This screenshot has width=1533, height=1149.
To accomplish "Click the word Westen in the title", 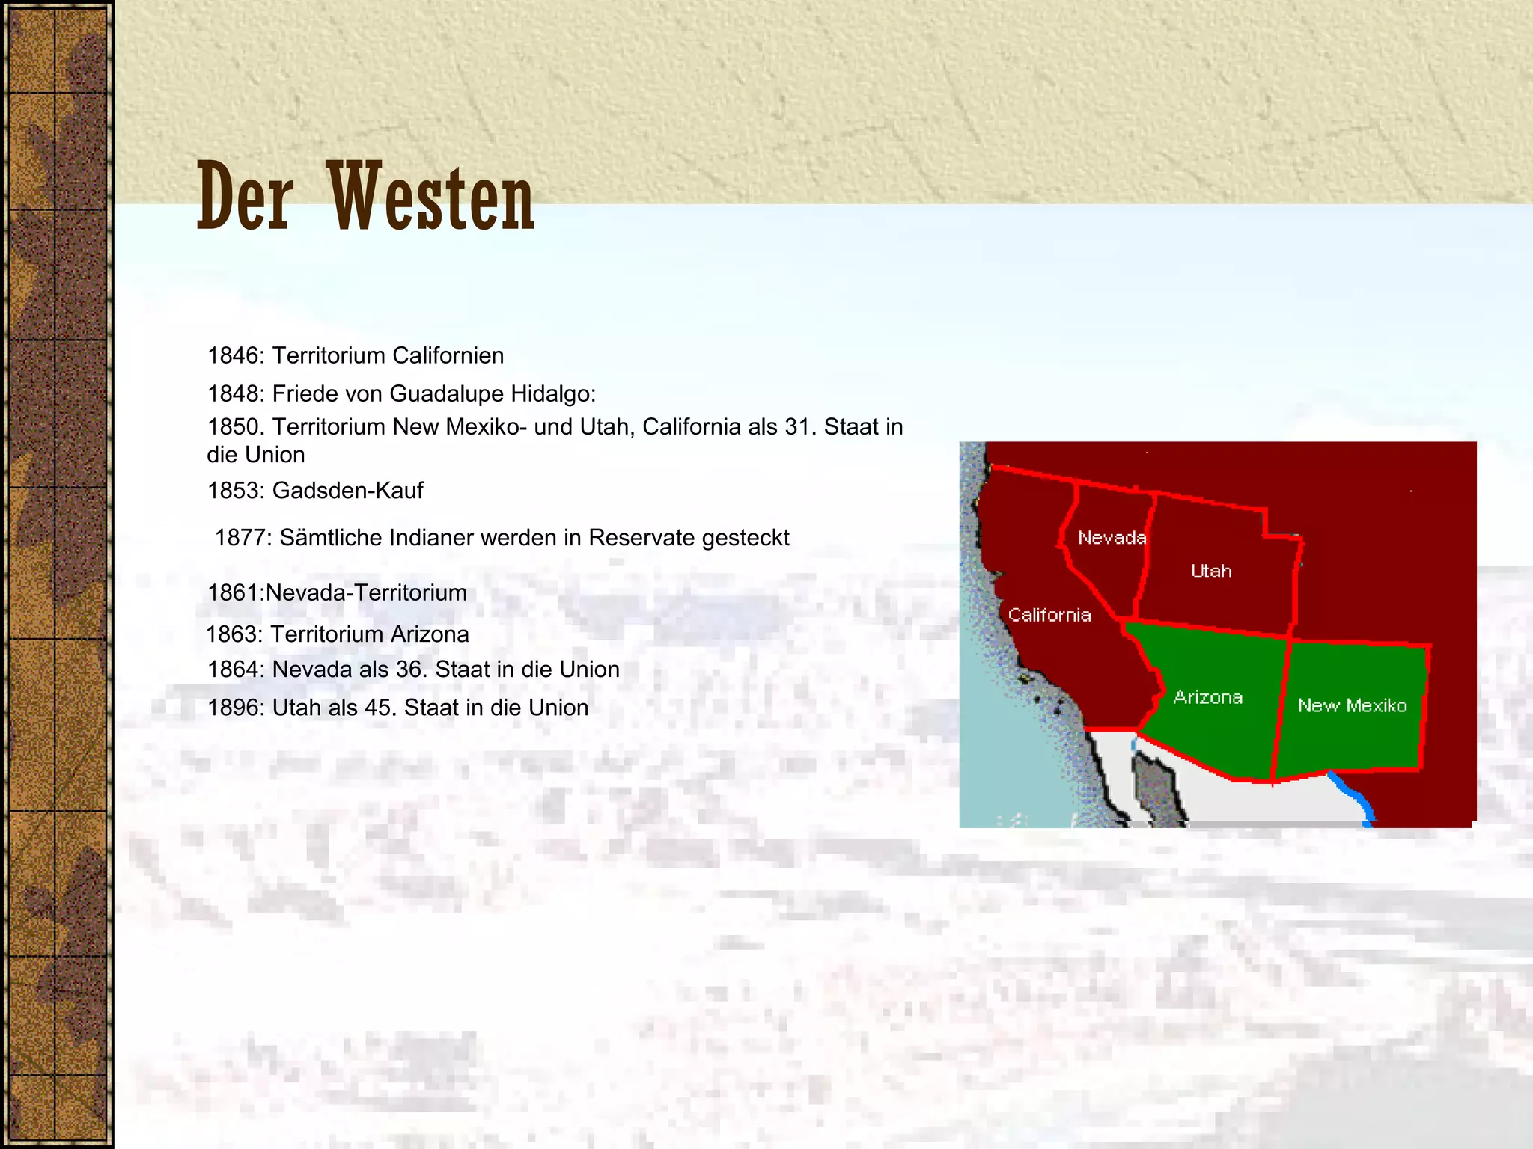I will coord(432,198).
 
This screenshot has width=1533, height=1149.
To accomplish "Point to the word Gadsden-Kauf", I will coord(348,491).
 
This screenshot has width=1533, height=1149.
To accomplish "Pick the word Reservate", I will coord(641,538).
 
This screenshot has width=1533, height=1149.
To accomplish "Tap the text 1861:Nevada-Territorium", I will coord(337,593).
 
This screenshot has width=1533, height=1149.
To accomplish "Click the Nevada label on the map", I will coord(1112,538).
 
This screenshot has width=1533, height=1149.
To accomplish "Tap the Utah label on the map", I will coord(1210,572).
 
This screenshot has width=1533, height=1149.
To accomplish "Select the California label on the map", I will coord(1049,615).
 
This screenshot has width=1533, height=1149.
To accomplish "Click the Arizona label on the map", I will coord(1208,697).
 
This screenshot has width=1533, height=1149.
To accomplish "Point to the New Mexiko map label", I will coord(1352,705).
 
